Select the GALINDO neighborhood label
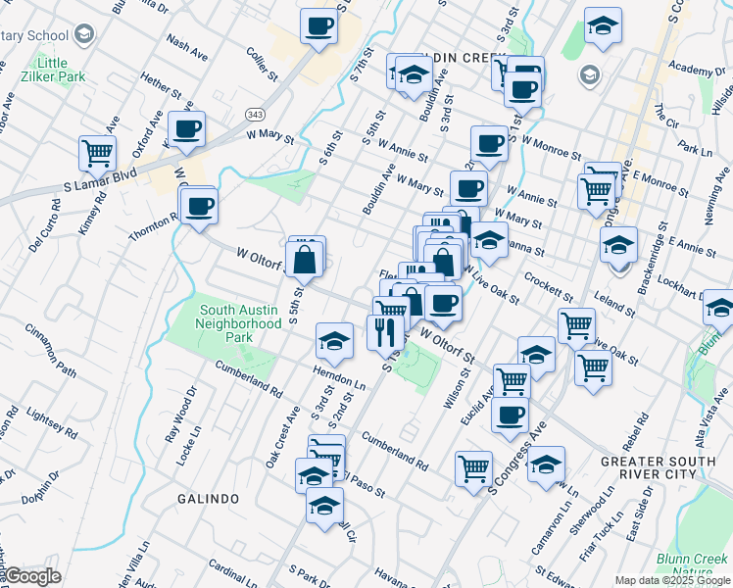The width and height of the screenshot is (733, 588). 209,499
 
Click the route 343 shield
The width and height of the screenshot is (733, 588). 256,115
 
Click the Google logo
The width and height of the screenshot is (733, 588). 32,576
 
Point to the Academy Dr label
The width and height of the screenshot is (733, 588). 691,70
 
